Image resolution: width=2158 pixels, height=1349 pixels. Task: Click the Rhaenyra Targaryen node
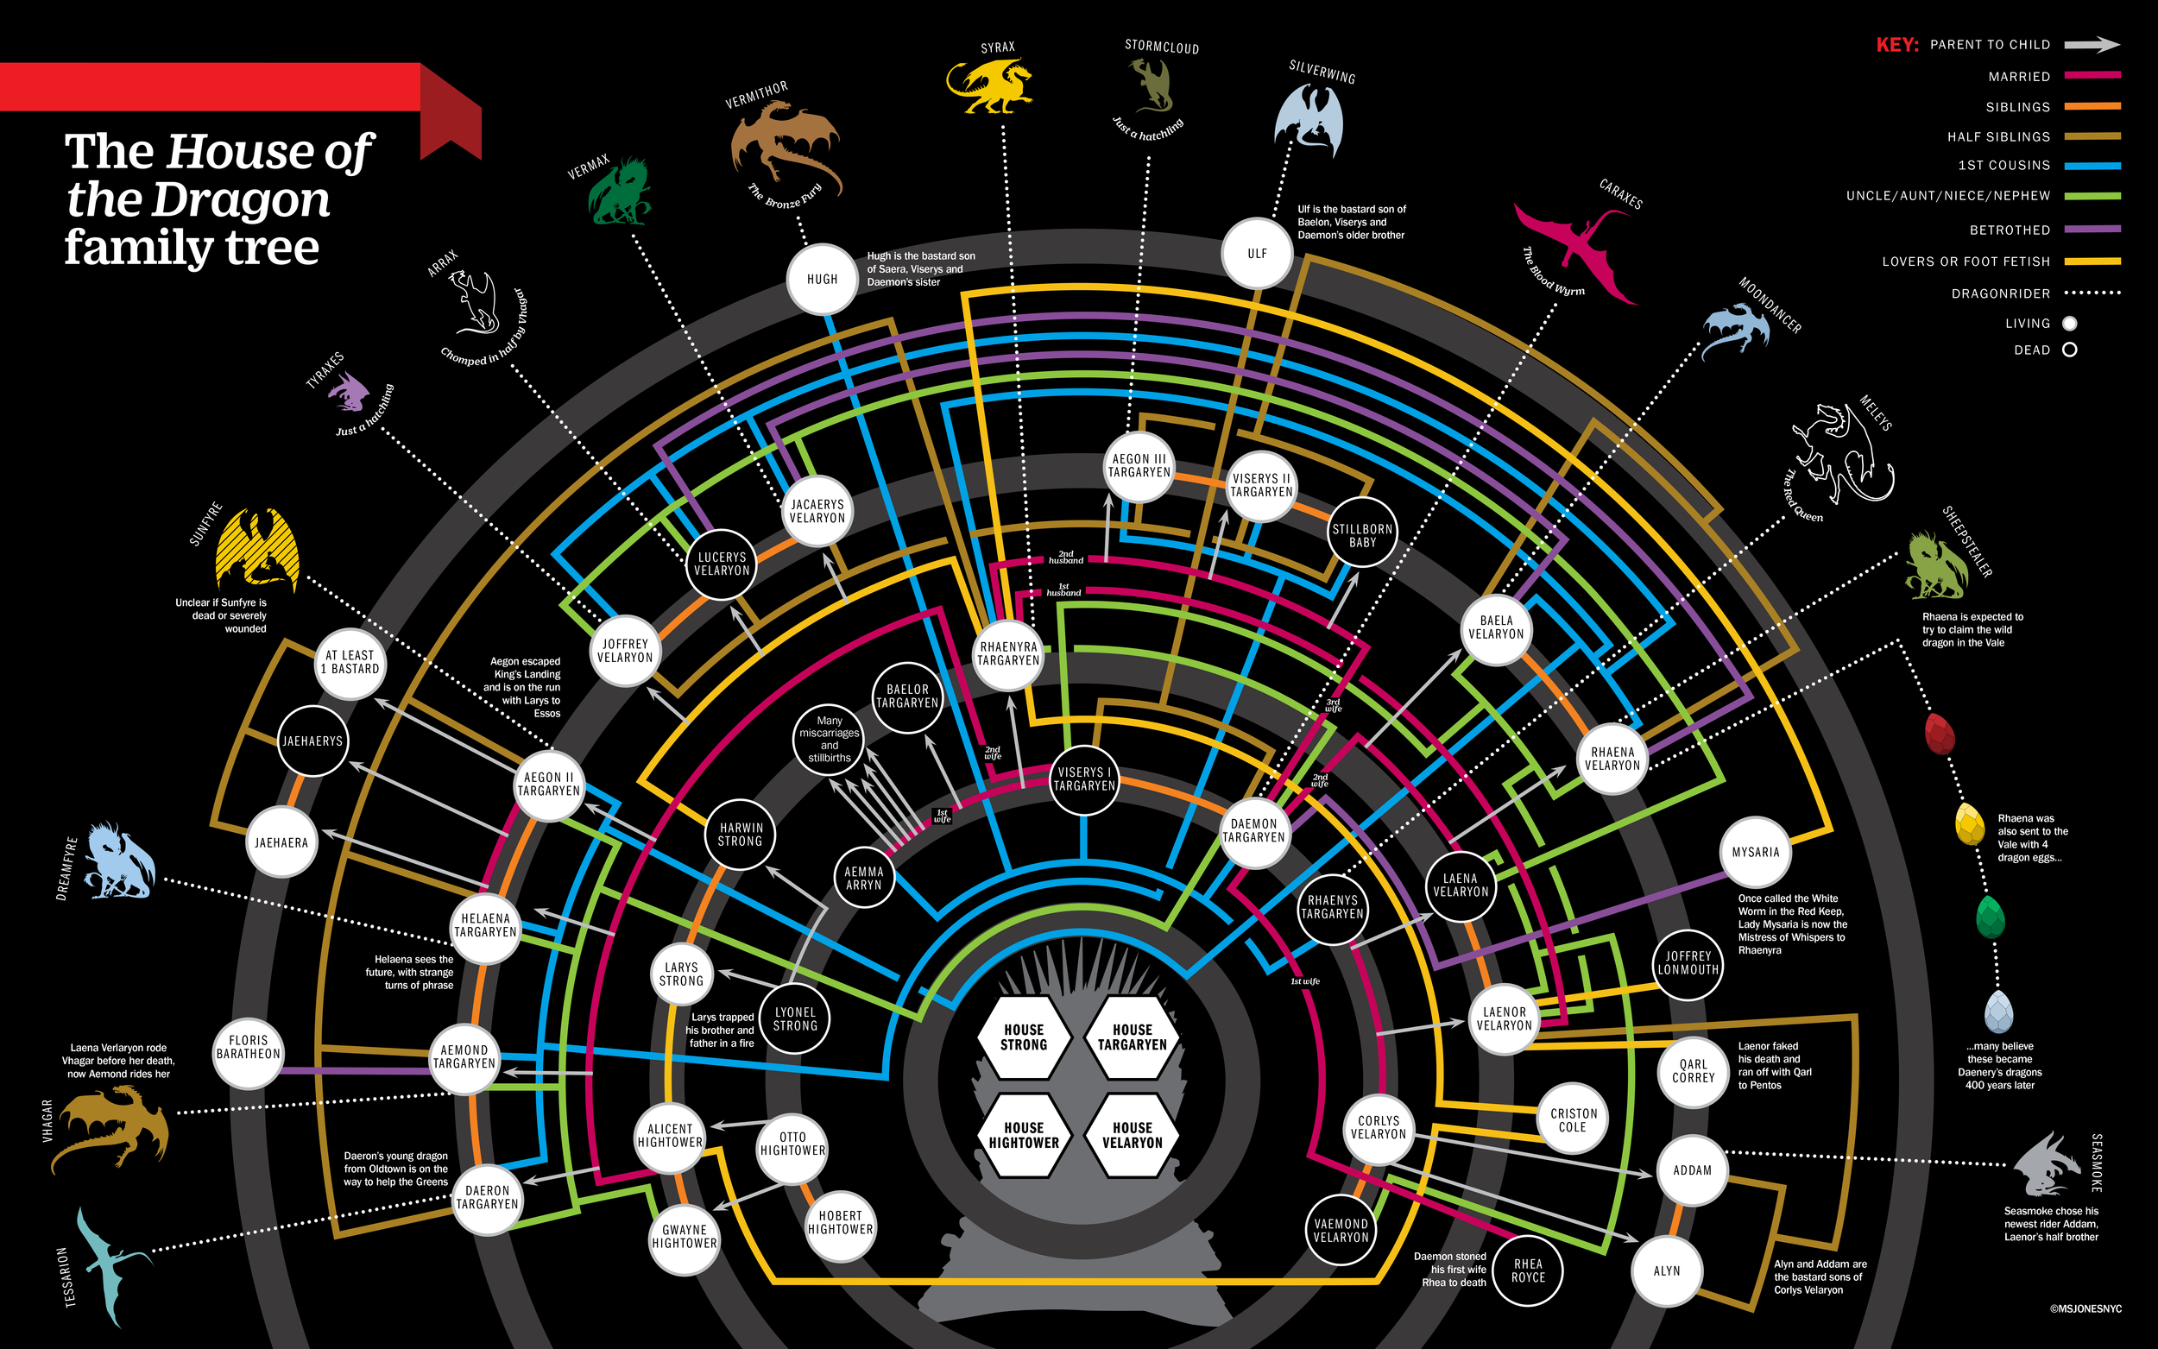[x=1008, y=654]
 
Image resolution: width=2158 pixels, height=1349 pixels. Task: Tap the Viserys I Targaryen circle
[x=1084, y=779]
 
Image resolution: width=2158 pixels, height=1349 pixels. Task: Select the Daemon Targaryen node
[x=1253, y=830]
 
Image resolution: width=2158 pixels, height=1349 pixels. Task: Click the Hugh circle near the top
[x=822, y=280]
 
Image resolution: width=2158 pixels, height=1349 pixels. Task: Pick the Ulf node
[x=1257, y=254]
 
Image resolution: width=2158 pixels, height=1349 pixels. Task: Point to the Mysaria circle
[x=1755, y=852]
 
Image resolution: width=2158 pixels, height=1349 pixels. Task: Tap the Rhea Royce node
[x=1527, y=1270]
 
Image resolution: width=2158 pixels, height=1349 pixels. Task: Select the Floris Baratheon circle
[x=248, y=1054]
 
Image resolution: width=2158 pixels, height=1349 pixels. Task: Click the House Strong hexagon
[x=1023, y=1037]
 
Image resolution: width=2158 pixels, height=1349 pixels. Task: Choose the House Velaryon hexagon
[x=1132, y=1135]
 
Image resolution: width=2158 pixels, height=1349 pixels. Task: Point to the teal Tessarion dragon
[x=111, y=1267]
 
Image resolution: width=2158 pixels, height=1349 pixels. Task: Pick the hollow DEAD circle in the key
[x=2070, y=350]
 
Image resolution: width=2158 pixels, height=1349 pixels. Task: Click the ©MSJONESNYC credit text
[x=2085, y=1308]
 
